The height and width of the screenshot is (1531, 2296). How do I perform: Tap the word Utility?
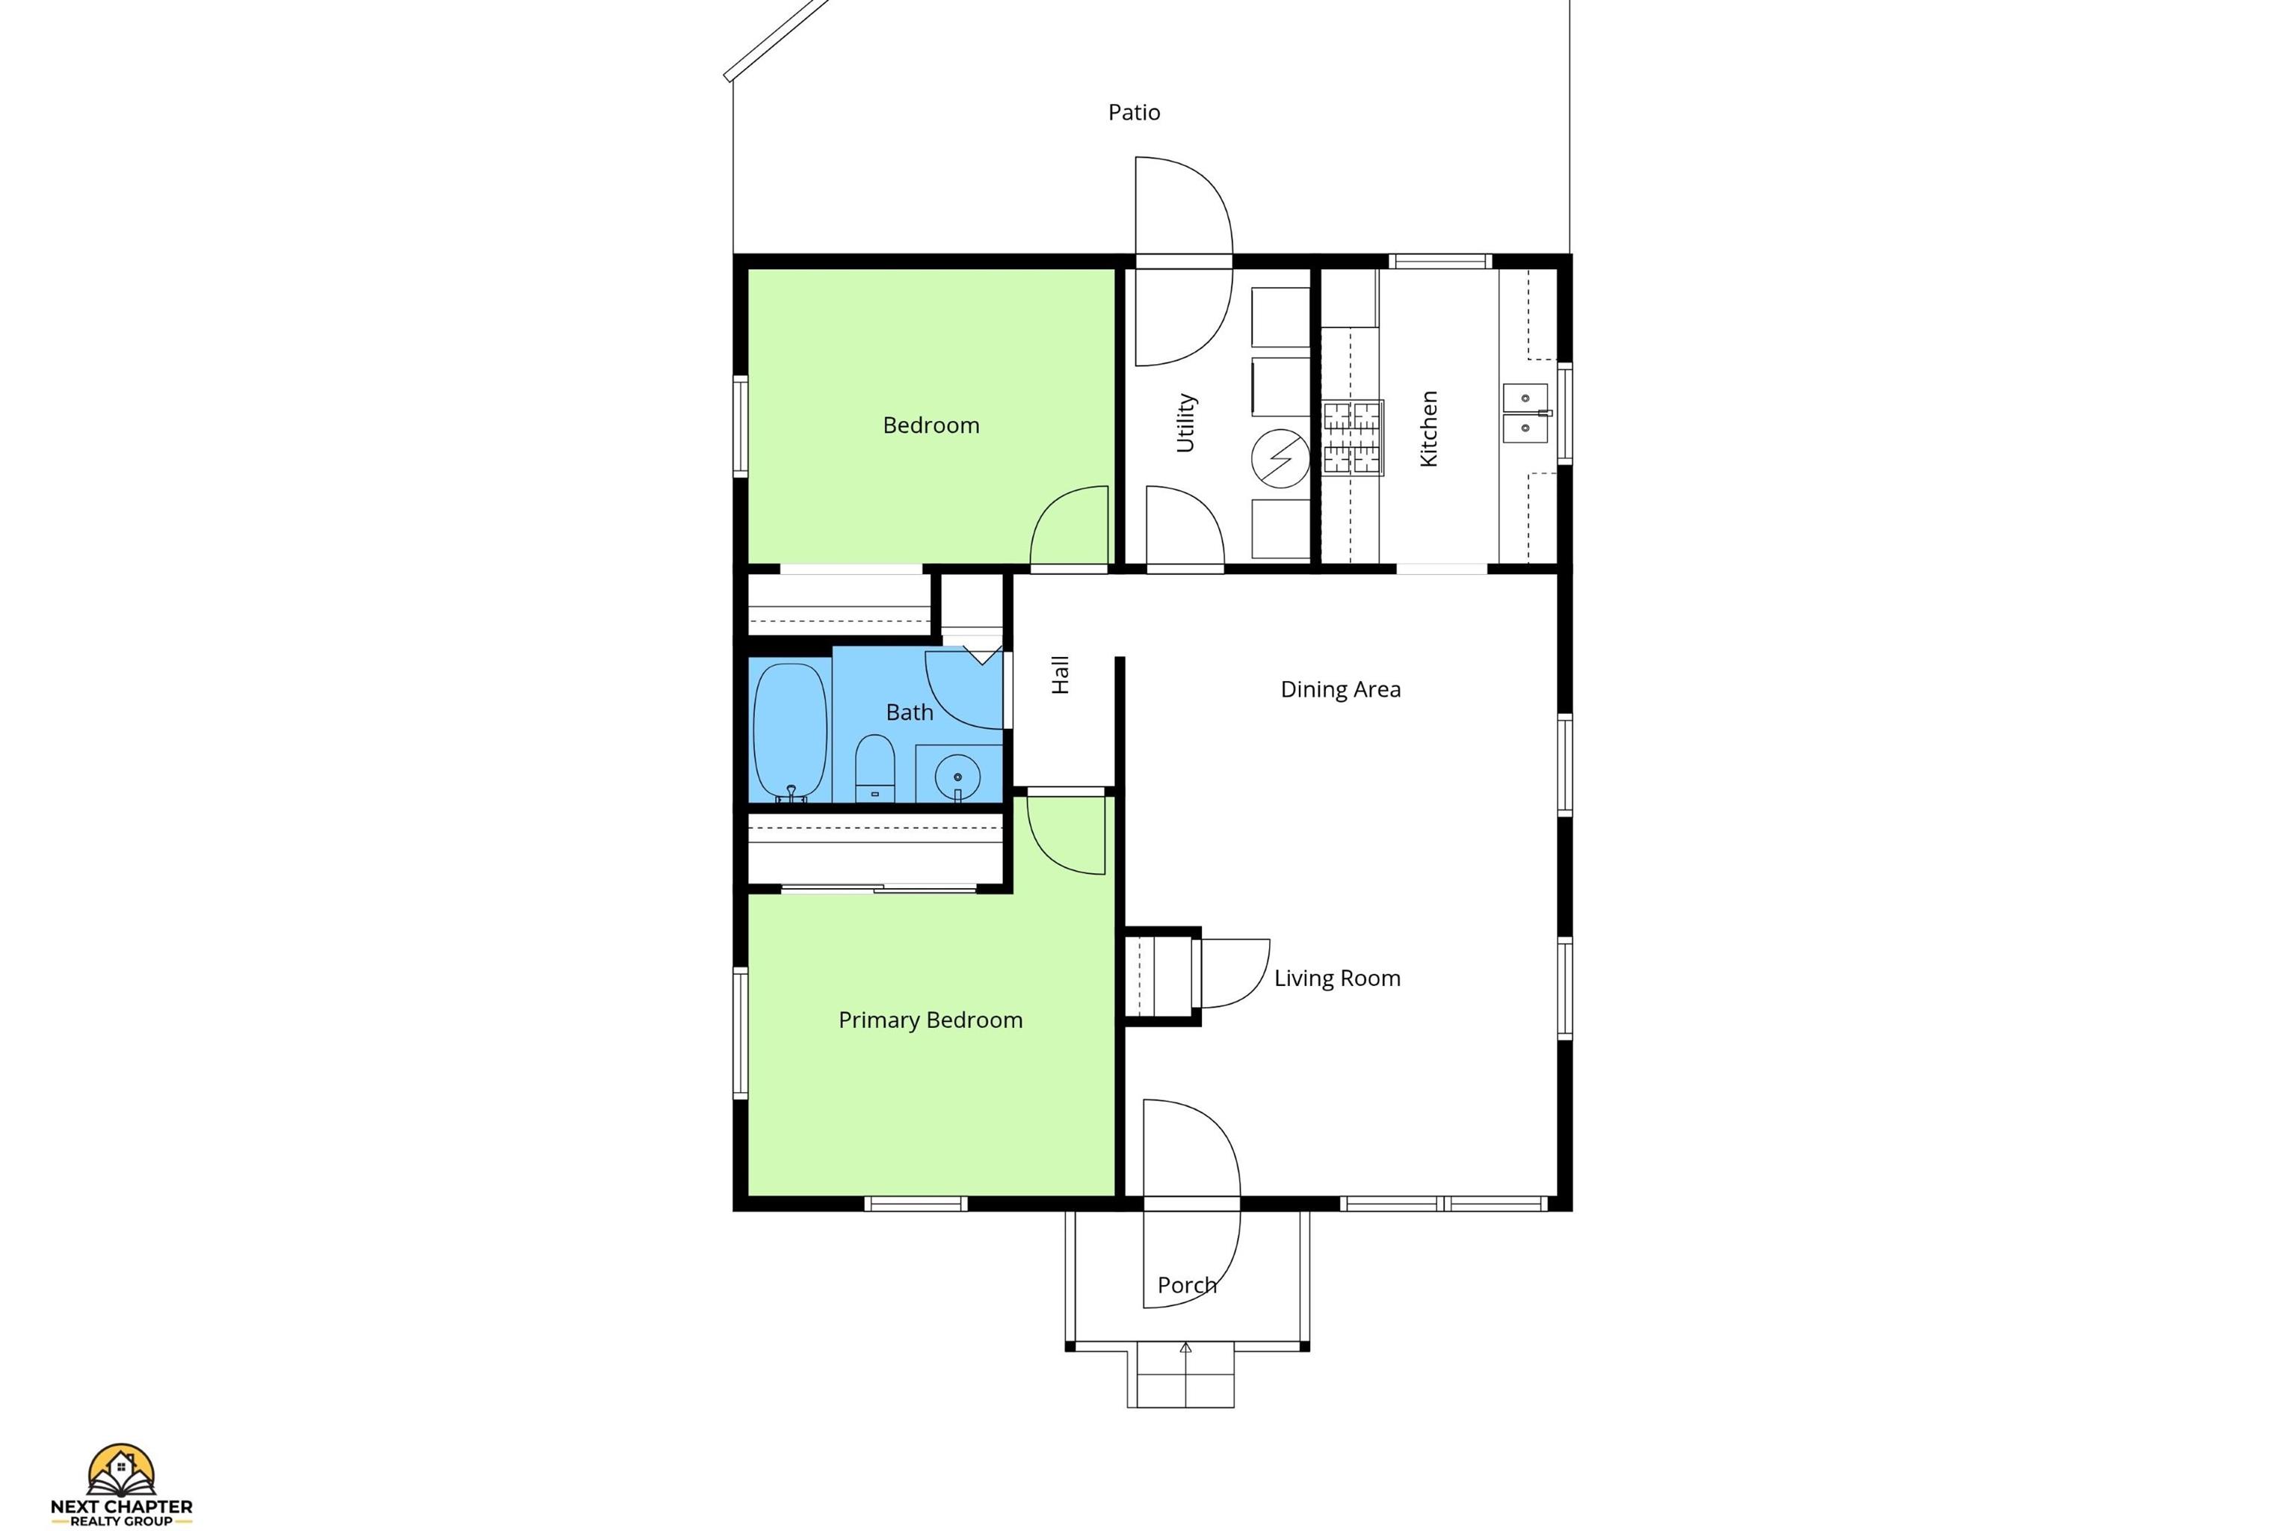coord(1185,423)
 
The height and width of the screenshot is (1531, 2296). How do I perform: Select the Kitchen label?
coord(1428,428)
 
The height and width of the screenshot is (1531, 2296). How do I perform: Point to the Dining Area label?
coord(1340,689)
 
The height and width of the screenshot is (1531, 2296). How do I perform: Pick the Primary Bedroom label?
coord(931,1020)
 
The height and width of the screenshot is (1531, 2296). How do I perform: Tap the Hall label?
coord(1060,675)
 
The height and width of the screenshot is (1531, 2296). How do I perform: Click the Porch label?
coord(1187,1285)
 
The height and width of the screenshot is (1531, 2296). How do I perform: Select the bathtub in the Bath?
coord(791,733)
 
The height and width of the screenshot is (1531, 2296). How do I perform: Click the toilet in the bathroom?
coord(874,768)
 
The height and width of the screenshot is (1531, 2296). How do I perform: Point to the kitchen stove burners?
coord(1353,437)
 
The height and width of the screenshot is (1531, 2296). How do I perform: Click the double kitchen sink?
coord(1525,413)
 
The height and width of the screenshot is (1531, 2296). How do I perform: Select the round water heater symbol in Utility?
coord(1281,459)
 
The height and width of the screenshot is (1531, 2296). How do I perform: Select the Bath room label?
coord(909,712)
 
